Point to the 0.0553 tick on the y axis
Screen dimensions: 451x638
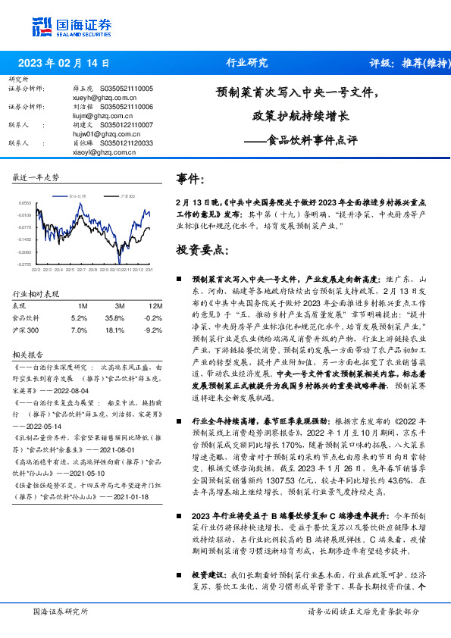(25, 204)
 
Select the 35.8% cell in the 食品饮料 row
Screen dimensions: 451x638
(114, 318)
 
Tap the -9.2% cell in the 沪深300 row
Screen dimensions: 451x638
(154, 330)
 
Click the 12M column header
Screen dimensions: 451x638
(155, 305)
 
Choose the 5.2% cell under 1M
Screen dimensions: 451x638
(79, 318)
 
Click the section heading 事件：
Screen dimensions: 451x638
(190, 179)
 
